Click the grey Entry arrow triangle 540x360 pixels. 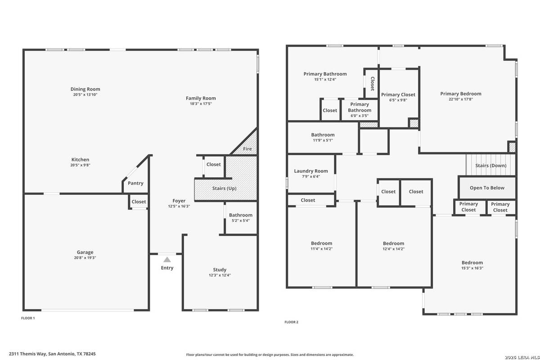pyautogui.click(x=167, y=260)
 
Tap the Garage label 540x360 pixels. pyautogui.click(x=85, y=252)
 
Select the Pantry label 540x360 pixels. pyautogui.click(x=135, y=183)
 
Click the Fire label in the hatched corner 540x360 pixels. pyautogui.click(x=247, y=149)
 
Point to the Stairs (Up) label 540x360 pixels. pyautogui.click(x=224, y=188)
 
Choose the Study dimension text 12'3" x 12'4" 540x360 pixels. pyautogui.click(x=220, y=275)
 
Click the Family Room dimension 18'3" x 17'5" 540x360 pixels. pyautogui.click(x=201, y=103)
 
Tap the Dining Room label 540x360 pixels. pyautogui.click(x=85, y=89)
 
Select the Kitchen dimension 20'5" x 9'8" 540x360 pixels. pyautogui.click(x=80, y=165)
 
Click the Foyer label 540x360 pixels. pyautogui.click(x=179, y=201)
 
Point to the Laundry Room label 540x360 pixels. pyautogui.click(x=311, y=171)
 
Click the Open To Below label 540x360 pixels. pyautogui.click(x=487, y=188)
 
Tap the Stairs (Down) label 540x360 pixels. pyautogui.click(x=491, y=166)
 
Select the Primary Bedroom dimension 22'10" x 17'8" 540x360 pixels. pyautogui.click(x=461, y=99)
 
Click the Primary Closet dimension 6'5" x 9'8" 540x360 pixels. pyautogui.click(x=398, y=100)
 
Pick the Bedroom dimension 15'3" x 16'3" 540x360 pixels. pyautogui.click(x=472, y=268)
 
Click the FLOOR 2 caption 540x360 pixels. pyautogui.click(x=291, y=322)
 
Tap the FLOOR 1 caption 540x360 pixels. pyautogui.click(x=28, y=318)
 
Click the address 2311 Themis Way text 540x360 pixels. pyautogui.click(x=27, y=354)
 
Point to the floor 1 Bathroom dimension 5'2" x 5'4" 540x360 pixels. pyautogui.click(x=241, y=220)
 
